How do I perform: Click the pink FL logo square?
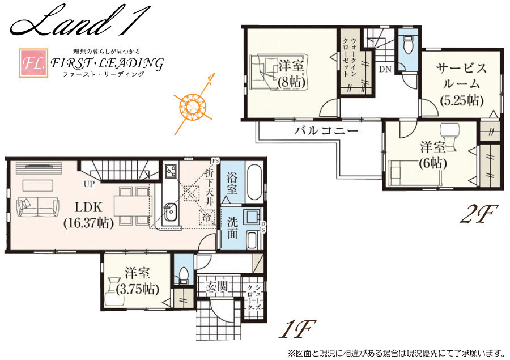[x=33, y=63]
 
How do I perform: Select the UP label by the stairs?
[x=89, y=184]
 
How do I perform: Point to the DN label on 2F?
[x=385, y=69]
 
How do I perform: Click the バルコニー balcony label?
[x=326, y=130]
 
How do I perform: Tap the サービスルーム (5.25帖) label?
[x=461, y=84]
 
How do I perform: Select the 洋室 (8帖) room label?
[x=291, y=74]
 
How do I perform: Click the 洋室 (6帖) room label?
[x=432, y=155]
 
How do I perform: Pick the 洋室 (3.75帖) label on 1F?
[x=137, y=281]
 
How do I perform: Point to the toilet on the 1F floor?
[x=183, y=274]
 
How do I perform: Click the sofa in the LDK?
[x=38, y=207]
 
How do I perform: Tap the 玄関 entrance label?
[x=216, y=287]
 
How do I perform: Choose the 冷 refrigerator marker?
[x=207, y=217]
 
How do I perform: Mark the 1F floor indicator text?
[x=297, y=329]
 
